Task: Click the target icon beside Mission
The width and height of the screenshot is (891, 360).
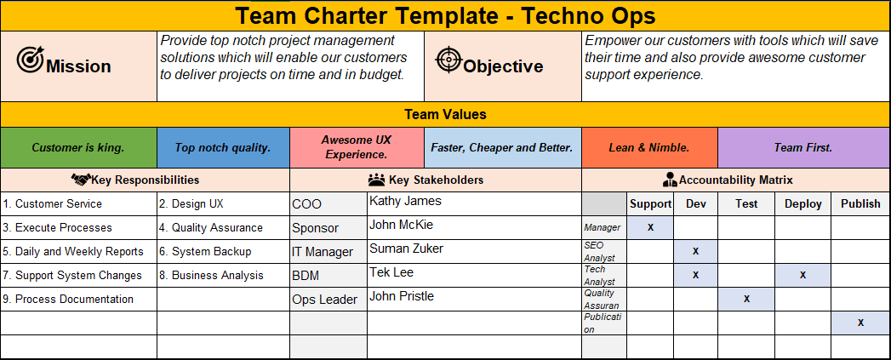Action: tap(30, 60)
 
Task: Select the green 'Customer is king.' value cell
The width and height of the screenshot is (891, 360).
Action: tap(78, 147)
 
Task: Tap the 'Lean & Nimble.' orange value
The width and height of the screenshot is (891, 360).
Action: tap(649, 147)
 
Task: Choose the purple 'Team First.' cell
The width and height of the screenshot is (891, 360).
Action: tap(803, 147)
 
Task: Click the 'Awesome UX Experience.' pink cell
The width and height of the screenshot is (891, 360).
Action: tap(356, 147)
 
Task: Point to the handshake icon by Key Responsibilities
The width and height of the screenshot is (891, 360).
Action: tap(81, 180)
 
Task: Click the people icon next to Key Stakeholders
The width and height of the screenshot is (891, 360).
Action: tap(376, 180)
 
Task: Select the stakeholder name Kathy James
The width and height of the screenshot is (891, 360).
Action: tap(405, 202)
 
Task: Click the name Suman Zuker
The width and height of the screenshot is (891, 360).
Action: tap(406, 249)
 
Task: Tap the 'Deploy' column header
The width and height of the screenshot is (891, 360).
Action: tap(802, 203)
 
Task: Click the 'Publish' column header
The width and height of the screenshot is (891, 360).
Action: tap(860, 203)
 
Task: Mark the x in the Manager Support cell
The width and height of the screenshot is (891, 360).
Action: tap(650, 227)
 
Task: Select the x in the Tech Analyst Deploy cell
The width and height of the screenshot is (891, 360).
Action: tap(802, 275)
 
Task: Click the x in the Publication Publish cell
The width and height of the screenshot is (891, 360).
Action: tap(860, 323)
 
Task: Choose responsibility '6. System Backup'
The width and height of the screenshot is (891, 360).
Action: tap(211, 252)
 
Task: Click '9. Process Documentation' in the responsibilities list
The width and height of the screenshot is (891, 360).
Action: tap(68, 300)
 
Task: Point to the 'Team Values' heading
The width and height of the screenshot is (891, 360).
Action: tap(445, 114)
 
